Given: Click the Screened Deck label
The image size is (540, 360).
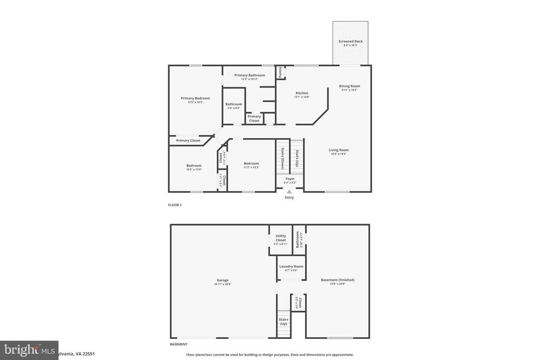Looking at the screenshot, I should tap(350, 41).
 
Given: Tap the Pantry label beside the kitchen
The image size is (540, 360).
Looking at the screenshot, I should tap(280, 72).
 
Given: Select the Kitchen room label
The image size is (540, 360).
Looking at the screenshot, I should tap(302, 93).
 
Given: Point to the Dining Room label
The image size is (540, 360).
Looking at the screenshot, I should tap(349, 86).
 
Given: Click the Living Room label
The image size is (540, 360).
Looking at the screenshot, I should tap(339, 150).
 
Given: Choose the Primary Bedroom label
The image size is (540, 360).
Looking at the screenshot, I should tap(195, 98).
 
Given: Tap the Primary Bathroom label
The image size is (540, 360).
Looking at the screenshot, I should tap(249, 75).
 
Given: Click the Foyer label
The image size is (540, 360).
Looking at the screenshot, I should tap(290, 179).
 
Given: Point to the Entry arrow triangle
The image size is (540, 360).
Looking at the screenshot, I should tap(289, 192).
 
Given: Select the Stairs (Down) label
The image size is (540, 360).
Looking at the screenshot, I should tap(283, 158).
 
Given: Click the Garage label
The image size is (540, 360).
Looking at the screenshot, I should tap(223, 280).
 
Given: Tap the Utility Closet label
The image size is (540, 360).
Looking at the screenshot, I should tap(281, 238).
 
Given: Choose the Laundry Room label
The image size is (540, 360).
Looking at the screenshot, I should tap(291, 267).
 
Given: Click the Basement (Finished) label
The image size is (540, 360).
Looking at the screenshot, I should tap(337, 280).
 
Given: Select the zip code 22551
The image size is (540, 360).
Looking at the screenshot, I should tap(87, 354).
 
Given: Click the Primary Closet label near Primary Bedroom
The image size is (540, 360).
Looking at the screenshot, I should tap(188, 141).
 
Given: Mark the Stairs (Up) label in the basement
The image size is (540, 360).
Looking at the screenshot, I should tap(283, 321).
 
